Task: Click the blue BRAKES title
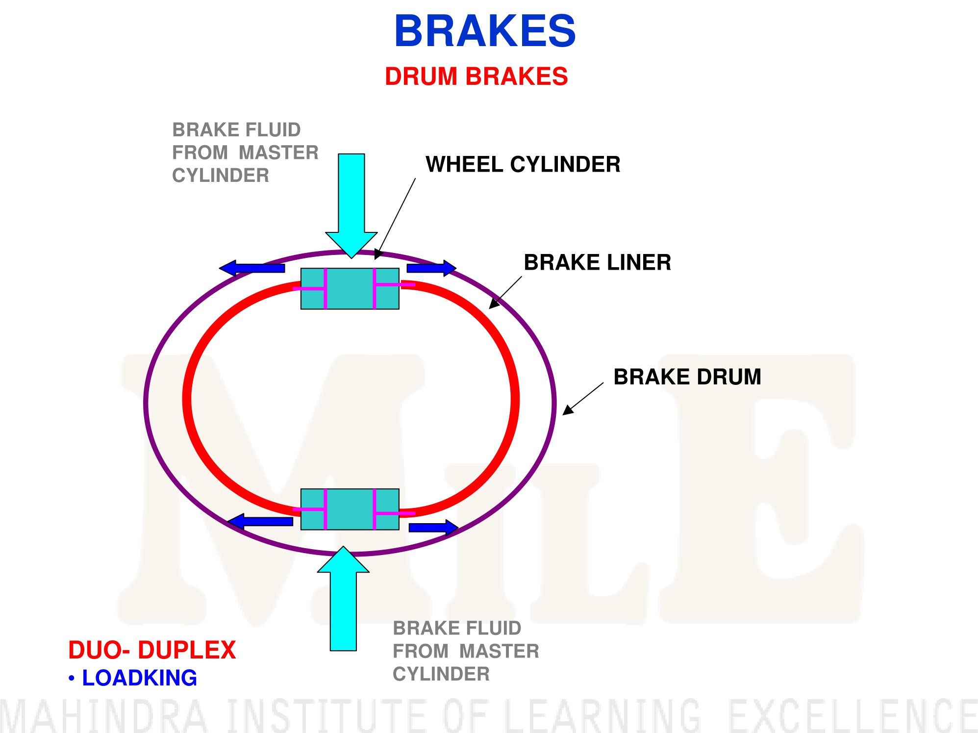[485, 31]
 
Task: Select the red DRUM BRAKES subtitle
[476, 76]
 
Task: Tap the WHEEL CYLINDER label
[523, 164]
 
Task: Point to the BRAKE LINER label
[598, 262]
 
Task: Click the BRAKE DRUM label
[687, 377]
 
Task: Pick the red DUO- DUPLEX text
[152, 650]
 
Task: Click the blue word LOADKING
[139, 678]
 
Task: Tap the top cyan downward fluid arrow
[351, 206]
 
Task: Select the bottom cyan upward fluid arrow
[343, 599]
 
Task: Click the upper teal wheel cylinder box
[350, 288]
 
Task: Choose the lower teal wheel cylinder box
[350, 509]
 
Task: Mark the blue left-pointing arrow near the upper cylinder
[252, 268]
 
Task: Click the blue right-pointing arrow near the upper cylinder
[431, 268]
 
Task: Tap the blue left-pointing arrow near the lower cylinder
[260, 521]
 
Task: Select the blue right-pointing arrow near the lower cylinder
[434, 528]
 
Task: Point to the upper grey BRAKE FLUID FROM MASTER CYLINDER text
[245, 152]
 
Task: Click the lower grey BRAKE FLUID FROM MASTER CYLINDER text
[466, 651]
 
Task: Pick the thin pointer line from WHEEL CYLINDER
[395, 219]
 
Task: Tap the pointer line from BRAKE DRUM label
[583, 399]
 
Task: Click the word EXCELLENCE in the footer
[853, 715]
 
